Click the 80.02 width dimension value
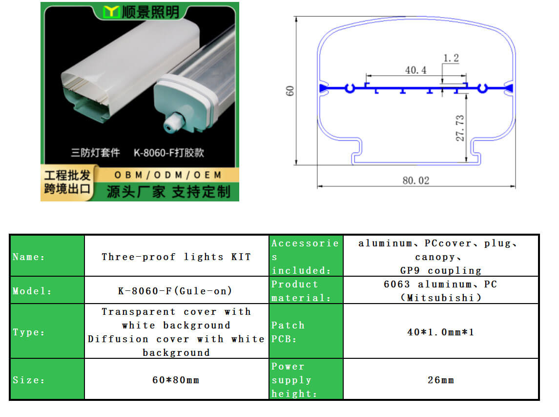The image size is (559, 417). [415, 180]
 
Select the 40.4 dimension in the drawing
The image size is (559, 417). [415, 70]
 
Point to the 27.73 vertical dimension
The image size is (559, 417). [460, 128]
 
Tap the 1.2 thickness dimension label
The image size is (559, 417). [451, 58]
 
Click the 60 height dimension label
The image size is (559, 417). [290, 90]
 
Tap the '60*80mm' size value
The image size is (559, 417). [176, 380]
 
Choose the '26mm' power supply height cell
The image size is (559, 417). [440, 380]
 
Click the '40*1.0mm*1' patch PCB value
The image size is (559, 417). [440, 332]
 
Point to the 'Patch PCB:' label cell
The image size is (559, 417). [305, 332]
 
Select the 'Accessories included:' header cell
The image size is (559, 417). [305, 257]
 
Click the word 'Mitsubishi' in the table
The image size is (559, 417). [440, 298]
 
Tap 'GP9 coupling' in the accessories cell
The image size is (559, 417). [440, 270]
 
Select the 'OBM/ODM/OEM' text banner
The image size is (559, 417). [168, 175]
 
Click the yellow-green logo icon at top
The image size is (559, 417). [112, 12]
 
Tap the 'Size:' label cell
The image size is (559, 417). [47, 380]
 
